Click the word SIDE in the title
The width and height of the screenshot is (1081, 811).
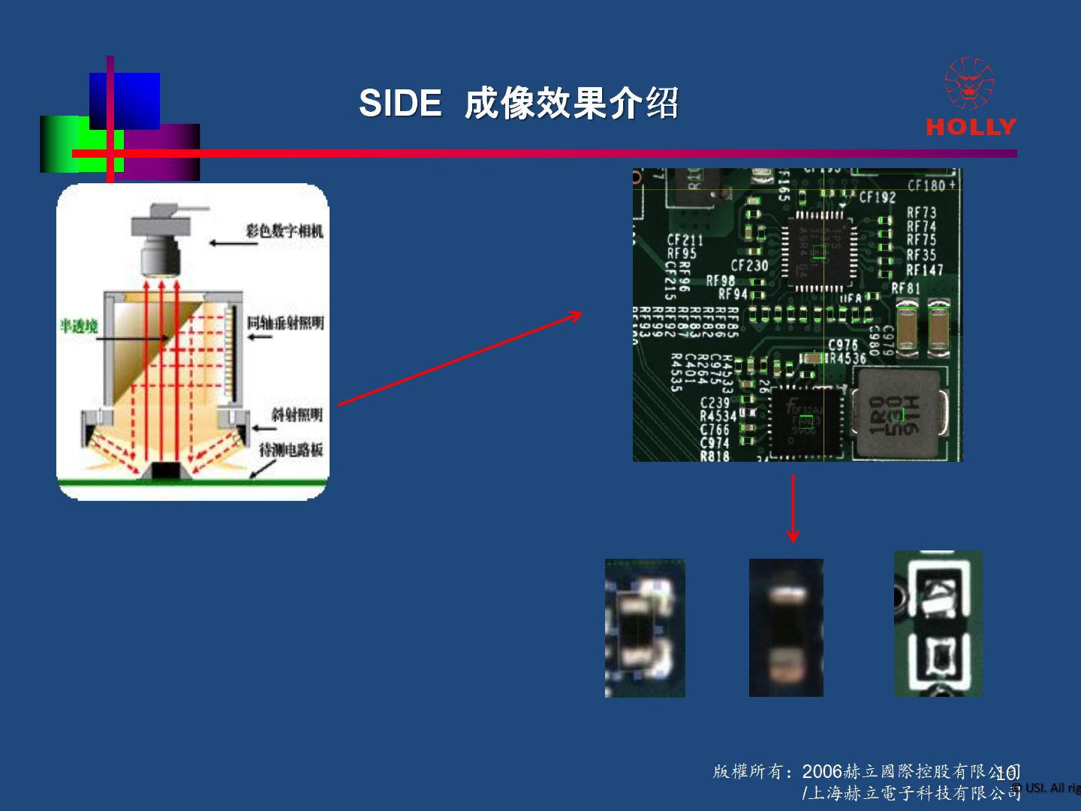[x=400, y=103]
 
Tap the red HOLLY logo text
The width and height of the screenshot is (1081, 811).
[x=971, y=126]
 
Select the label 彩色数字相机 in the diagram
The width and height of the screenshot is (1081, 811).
[x=285, y=231]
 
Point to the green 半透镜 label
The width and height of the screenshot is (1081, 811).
[x=79, y=326]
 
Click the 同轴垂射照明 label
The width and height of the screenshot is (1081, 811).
[x=285, y=323]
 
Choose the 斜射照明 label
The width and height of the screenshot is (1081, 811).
[x=297, y=415]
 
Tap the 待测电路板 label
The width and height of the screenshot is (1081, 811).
[x=291, y=450]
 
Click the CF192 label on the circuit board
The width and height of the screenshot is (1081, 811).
[x=877, y=197]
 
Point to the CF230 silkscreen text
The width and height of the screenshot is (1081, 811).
[x=749, y=265]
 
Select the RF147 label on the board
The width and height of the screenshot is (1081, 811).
[x=924, y=270]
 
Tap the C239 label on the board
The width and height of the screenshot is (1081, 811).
[x=715, y=403]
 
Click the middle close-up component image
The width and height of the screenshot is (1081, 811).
[x=786, y=627]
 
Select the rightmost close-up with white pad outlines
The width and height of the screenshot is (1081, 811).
[x=938, y=623]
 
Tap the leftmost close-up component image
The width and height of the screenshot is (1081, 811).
[x=645, y=628]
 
